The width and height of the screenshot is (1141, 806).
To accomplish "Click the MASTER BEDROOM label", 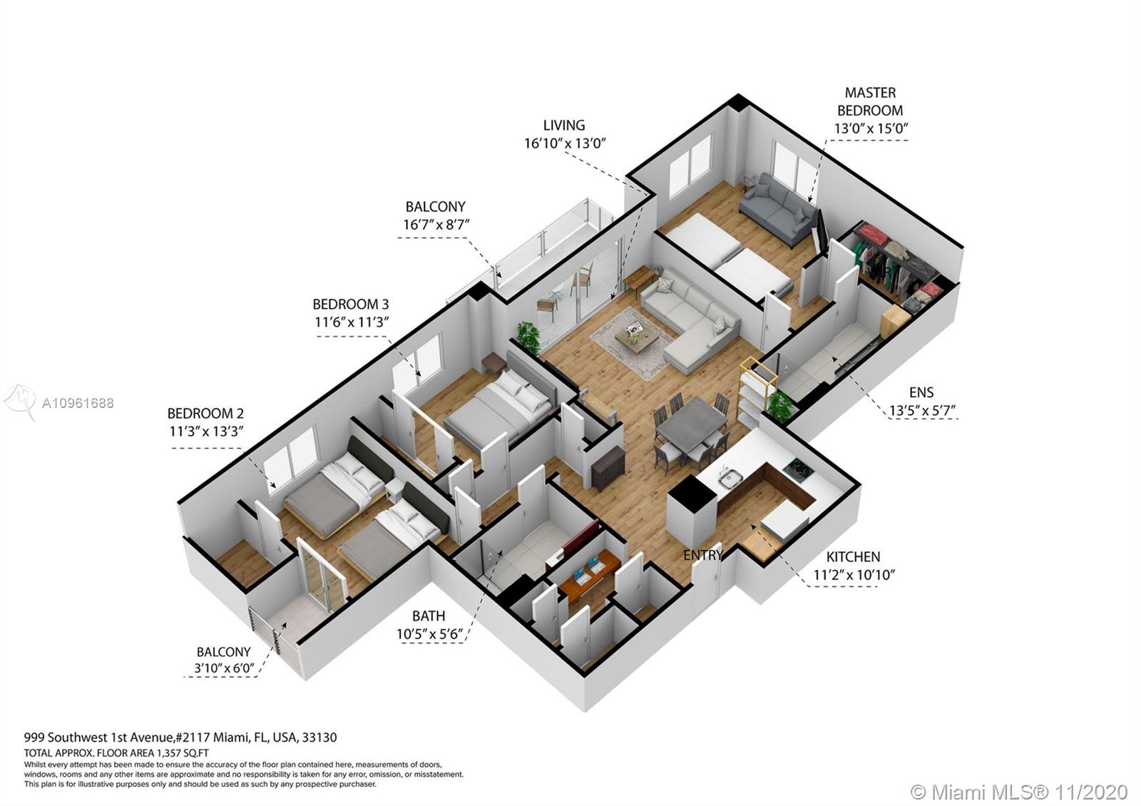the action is coord(870,101).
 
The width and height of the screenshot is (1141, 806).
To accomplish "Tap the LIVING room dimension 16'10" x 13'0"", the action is coord(565,143).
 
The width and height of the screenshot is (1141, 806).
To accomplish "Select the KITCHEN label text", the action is coord(853,556).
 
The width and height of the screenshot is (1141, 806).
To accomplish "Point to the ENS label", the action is coord(921,392).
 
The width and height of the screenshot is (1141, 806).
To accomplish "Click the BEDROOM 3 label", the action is coord(350,304).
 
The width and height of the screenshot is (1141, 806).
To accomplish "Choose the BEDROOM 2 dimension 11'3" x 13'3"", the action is coord(206,432).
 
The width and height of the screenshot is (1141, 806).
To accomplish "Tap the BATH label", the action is coord(429,616).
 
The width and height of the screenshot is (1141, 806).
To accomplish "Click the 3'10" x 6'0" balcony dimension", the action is coord(224,668).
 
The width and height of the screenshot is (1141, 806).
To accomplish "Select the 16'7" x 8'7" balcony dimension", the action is coord(436,225).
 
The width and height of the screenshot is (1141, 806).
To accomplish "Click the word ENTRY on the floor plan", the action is coord(703,555).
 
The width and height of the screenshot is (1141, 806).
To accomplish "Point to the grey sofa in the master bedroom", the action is coord(778,210).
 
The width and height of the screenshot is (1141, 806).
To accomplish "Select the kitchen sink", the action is coord(730,478).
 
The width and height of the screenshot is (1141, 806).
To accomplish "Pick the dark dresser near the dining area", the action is coord(608,468).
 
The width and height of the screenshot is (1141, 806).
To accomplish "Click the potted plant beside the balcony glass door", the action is coord(528,337).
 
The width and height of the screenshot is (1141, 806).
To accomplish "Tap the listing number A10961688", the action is coord(78,404).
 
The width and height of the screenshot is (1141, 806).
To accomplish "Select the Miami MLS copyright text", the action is coord(1019,792).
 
